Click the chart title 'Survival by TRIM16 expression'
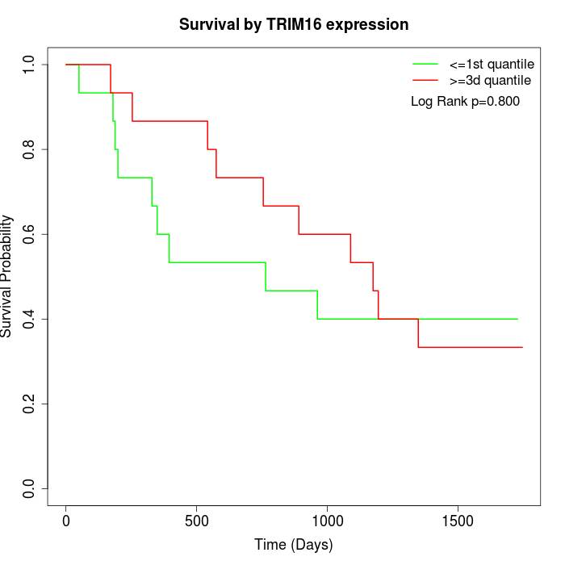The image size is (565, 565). pos(294,24)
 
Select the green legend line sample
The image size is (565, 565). pos(425,63)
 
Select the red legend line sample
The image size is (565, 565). pos(425,81)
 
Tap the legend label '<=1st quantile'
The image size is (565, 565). pos(492,63)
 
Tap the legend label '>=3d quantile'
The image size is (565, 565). pos(490,81)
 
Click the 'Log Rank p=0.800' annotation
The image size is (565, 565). pos(465,102)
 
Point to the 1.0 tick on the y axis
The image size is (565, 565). pos(30,65)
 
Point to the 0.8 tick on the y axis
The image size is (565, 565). pos(30,149)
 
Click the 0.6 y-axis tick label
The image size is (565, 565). pos(30,234)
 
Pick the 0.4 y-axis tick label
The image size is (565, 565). pos(30,319)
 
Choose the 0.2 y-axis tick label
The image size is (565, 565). pos(30,404)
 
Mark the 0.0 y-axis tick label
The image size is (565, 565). pos(30,488)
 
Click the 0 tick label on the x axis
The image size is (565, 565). pos(66,519)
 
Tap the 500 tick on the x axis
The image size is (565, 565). pos(197,519)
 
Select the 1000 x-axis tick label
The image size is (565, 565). pos(328,519)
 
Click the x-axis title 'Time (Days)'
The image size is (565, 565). pos(294,545)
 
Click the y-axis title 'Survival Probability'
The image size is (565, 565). pos(8,276)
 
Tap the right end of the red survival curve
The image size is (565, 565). pos(522,347)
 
